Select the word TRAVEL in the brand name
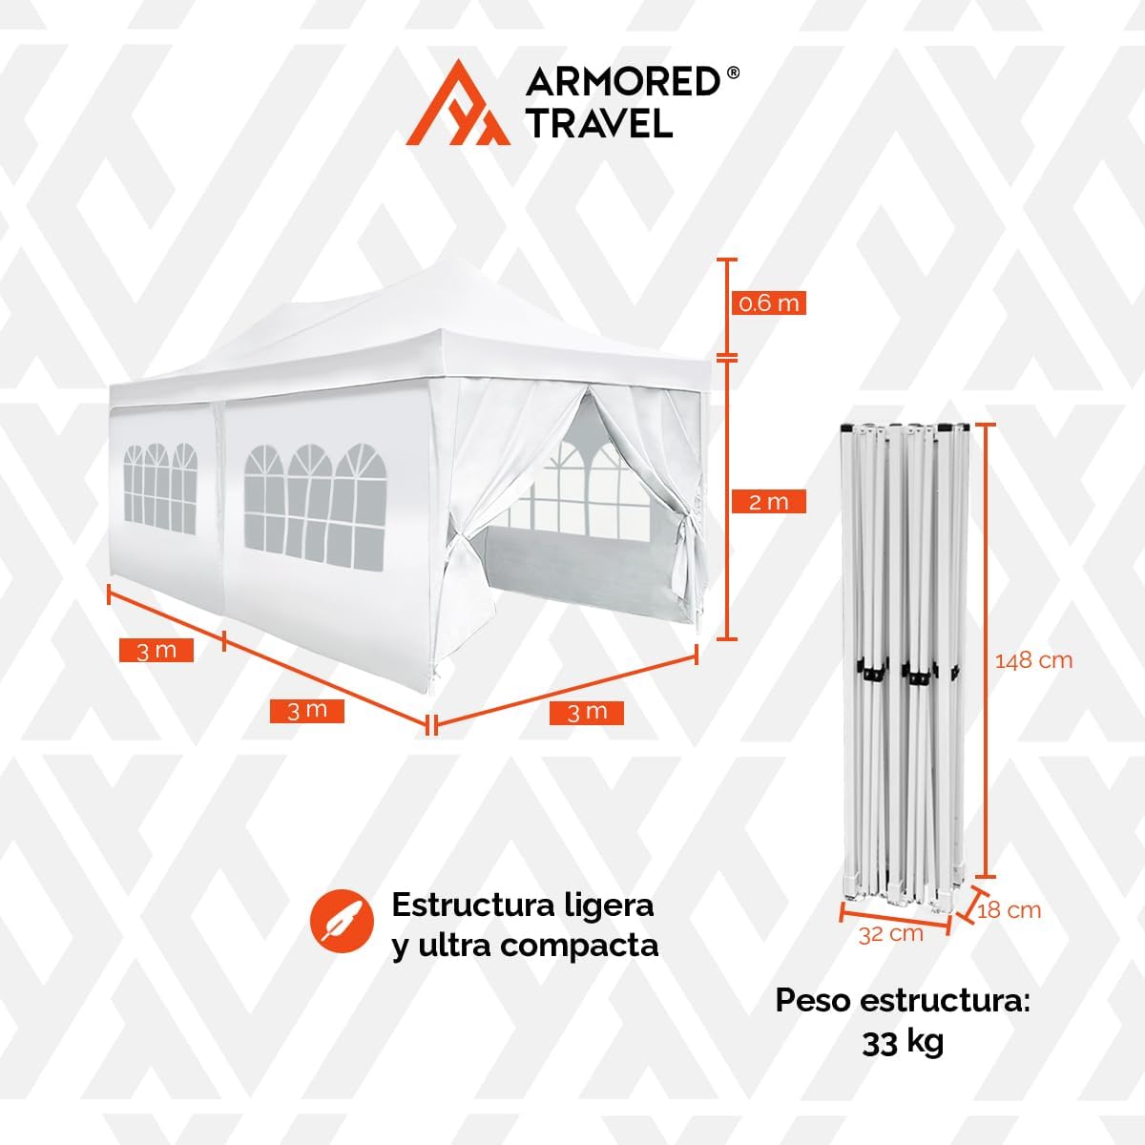[599, 122]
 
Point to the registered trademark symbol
[733, 73]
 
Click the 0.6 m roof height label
[769, 303]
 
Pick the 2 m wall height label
[769, 502]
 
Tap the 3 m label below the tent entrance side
[587, 713]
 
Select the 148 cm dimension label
[1033, 660]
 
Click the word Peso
[814, 1000]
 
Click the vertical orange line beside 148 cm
[986, 650]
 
